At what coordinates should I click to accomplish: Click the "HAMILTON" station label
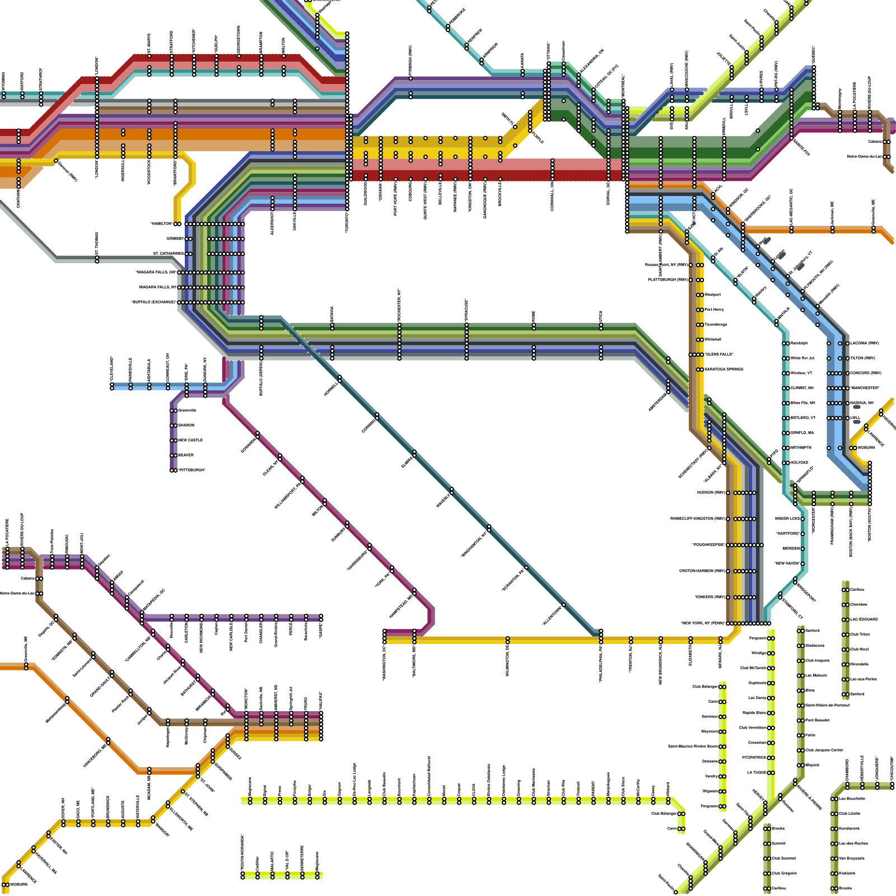[x=162, y=224]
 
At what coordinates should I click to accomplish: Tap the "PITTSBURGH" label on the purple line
[x=192, y=470]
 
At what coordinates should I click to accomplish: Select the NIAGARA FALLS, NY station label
[x=158, y=287]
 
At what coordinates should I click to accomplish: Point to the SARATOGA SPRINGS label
[x=724, y=370]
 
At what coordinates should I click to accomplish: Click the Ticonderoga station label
[x=716, y=325]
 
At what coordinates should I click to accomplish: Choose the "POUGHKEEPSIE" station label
[x=708, y=545]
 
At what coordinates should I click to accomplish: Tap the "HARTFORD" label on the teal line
[x=787, y=534]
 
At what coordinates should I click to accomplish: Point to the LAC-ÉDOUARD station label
[x=864, y=619]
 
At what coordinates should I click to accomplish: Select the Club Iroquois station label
[x=817, y=661]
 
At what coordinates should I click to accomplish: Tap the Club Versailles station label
[x=753, y=728]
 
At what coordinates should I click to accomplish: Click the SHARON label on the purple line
[x=186, y=426]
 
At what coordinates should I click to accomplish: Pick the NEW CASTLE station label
[x=190, y=440]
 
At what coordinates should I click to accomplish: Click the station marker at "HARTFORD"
[x=802, y=534]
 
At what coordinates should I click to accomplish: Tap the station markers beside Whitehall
[x=699, y=340]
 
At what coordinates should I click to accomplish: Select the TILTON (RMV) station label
[x=865, y=358]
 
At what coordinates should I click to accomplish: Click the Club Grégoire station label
[x=784, y=873]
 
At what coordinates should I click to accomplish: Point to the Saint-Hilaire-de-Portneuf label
[x=827, y=706]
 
